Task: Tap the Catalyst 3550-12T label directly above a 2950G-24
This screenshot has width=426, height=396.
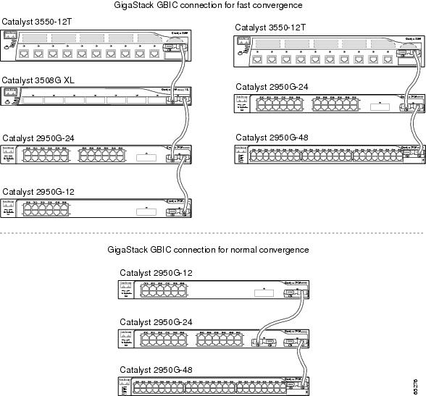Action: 270,27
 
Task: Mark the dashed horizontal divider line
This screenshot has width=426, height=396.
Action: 213,233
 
